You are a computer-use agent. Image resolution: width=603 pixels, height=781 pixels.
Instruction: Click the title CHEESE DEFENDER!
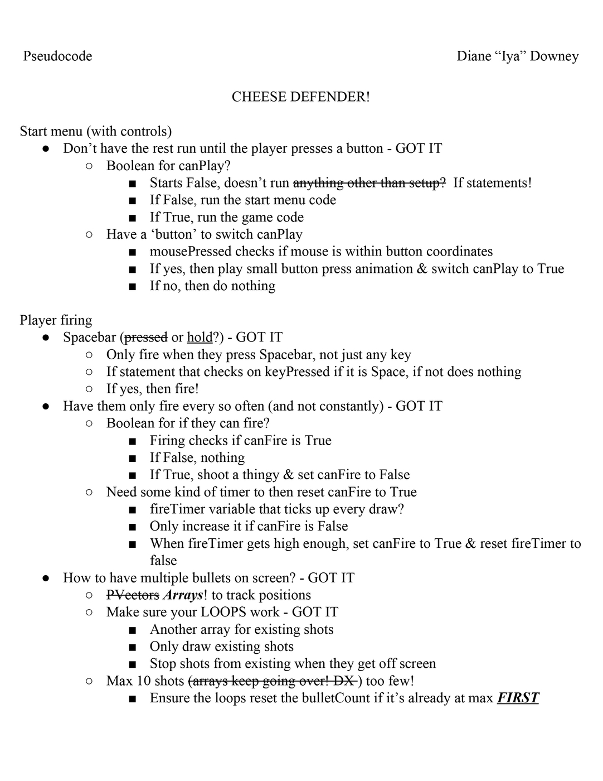tap(300, 97)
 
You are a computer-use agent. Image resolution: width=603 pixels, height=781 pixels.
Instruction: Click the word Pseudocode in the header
tap(57, 56)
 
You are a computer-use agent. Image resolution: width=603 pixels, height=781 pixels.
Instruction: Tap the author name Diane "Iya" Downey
tap(517, 56)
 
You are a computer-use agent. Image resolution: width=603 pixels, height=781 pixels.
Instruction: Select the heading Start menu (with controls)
tap(95, 132)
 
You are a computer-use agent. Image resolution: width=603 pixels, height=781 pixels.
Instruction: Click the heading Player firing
tap(56, 320)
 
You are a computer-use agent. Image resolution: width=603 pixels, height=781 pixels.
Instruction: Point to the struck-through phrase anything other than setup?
tap(369, 183)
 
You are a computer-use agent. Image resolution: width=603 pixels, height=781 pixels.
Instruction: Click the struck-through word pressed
tap(145, 338)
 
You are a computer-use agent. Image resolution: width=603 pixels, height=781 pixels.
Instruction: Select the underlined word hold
tap(200, 338)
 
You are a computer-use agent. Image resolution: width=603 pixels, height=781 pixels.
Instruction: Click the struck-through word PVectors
tap(133, 595)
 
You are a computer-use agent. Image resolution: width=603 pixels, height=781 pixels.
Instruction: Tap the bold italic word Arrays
tap(183, 595)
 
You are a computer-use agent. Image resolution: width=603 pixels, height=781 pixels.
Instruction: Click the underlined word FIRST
tap(518, 698)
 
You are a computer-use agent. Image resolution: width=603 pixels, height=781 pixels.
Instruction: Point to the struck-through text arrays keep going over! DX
tap(273, 681)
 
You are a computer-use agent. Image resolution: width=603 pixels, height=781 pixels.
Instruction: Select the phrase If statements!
tap(492, 183)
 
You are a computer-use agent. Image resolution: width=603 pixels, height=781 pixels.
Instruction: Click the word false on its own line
tap(163, 561)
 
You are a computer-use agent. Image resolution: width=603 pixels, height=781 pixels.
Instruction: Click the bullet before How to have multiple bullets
tap(47, 578)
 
